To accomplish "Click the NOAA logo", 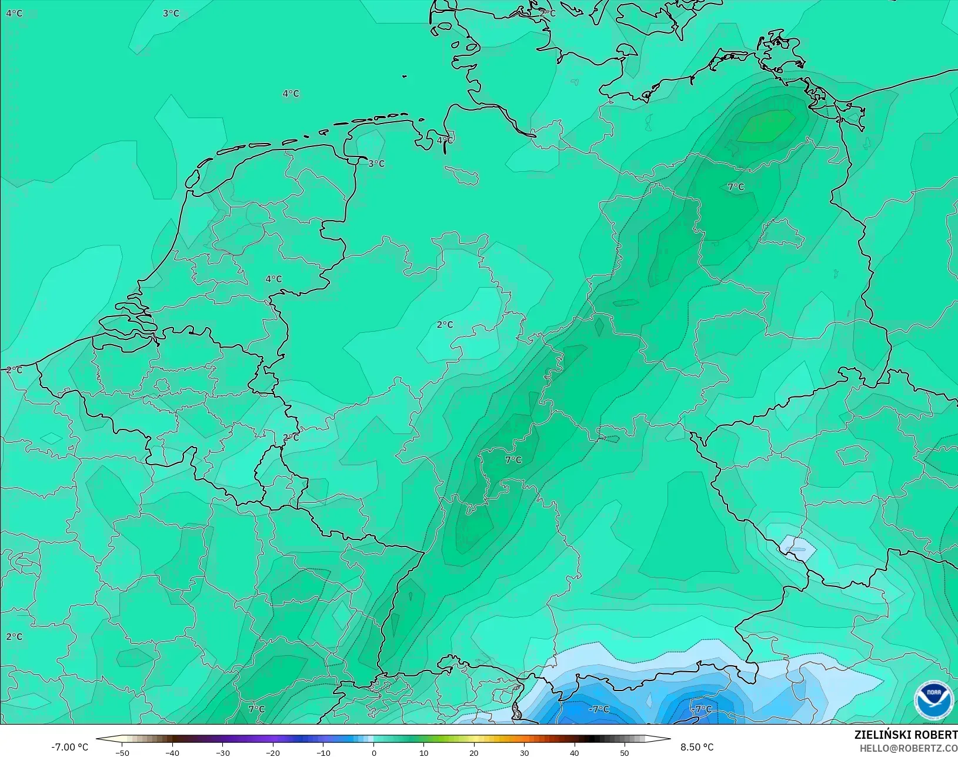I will (934, 701).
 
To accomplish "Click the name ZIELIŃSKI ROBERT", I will (906, 735).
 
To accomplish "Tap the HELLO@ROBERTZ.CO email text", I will (909, 748).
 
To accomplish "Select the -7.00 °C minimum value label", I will (69, 747).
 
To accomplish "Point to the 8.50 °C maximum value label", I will (697, 747).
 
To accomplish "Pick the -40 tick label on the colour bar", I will (172, 752).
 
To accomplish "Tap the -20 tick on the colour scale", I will (272, 752).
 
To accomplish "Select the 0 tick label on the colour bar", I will (373, 752).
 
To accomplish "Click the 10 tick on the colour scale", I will (423, 752).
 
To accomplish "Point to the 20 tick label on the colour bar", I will (474, 752).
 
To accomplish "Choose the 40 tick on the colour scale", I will (574, 752).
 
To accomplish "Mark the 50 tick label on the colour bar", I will (625, 752).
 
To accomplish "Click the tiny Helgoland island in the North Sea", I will (405, 76).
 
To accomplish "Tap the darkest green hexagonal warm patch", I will (766, 126).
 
